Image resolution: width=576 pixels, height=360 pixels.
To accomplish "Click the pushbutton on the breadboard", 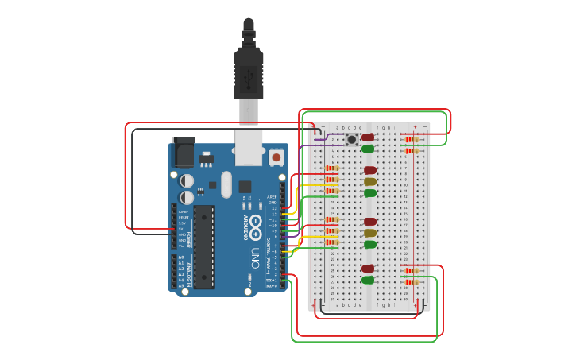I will (351, 139).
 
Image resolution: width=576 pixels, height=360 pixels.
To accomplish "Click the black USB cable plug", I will (249, 72).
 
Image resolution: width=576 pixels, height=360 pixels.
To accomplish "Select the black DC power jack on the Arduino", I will (183, 152).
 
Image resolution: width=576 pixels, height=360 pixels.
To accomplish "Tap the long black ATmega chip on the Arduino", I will (203, 246).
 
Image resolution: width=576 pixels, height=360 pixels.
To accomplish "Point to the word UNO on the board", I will (255, 258).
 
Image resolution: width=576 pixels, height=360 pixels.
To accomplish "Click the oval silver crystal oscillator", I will (226, 185).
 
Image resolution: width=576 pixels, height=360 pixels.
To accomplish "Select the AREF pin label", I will (272, 196).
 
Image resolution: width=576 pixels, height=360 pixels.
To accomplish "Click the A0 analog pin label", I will (181, 257).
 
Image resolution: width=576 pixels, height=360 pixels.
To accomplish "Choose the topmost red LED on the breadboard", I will (368, 137).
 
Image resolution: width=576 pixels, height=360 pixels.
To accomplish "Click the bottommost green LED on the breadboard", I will (368, 280).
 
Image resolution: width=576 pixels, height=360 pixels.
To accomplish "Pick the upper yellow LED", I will (370, 181).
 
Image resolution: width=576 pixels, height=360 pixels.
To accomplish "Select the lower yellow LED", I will (370, 233).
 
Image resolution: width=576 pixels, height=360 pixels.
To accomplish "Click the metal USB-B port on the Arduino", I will (249, 148).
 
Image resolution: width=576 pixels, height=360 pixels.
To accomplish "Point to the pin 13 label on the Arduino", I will (274, 208).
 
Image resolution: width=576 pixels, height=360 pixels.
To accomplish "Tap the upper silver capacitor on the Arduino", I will (187, 181).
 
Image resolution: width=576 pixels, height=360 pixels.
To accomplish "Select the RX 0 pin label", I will (272, 286).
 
